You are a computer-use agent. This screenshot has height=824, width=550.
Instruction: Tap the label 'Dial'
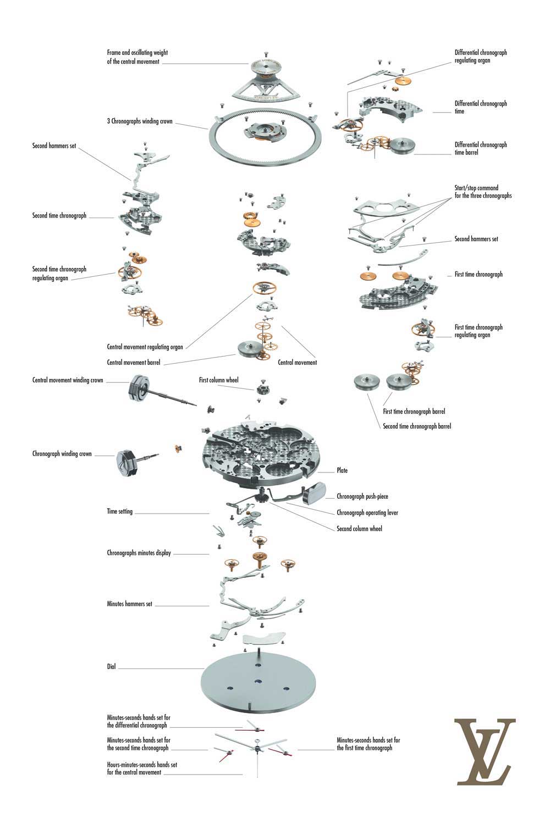[111, 667]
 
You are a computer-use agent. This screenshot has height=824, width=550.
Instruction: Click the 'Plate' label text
[342, 471]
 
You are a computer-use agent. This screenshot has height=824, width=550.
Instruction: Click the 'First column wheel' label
[218, 380]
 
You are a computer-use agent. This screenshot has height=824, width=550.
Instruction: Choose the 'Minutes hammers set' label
[129, 604]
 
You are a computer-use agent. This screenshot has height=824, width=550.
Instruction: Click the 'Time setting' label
[119, 511]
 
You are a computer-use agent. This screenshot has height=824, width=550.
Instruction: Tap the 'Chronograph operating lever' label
[367, 513]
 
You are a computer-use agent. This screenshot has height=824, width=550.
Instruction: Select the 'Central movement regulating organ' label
[145, 347]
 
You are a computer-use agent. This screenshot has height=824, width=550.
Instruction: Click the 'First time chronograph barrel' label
[414, 411]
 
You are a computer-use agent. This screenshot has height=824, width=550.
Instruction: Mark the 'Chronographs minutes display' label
[139, 553]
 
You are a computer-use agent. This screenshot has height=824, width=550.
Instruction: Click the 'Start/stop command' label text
[476, 188]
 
